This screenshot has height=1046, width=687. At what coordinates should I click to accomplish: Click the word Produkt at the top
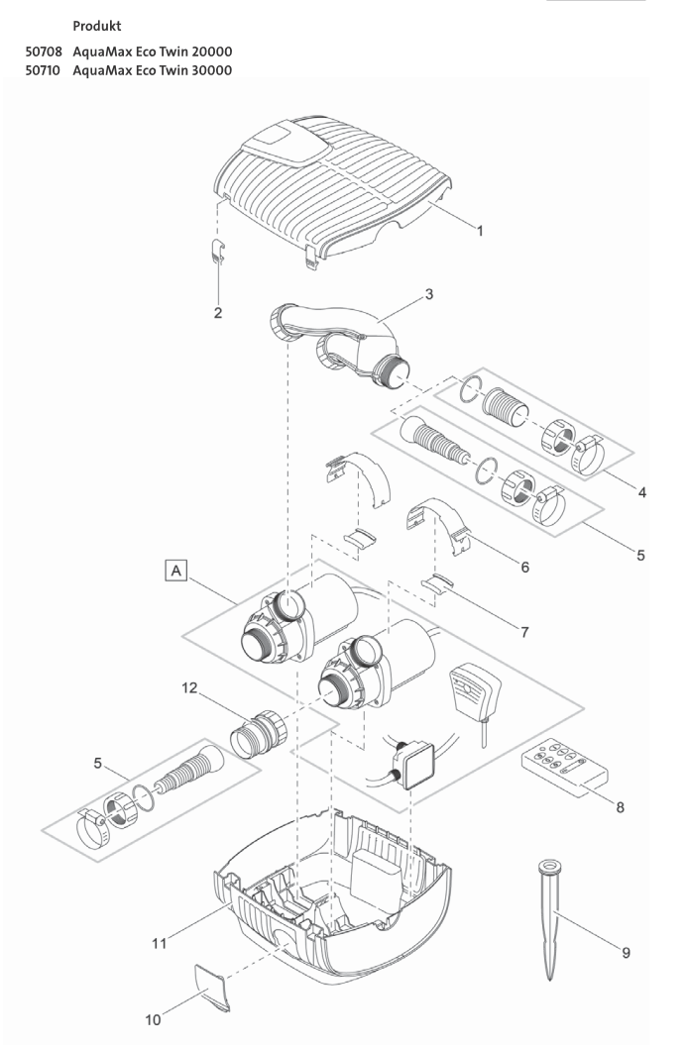(x=99, y=22)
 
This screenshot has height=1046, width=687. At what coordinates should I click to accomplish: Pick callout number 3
(x=428, y=294)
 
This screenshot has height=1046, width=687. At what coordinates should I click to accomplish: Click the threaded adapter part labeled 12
(x=257, y=734)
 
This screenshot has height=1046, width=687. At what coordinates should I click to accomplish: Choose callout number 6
(x=523, y=568)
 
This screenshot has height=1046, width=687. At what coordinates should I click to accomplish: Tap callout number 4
(x=642, y=492)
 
